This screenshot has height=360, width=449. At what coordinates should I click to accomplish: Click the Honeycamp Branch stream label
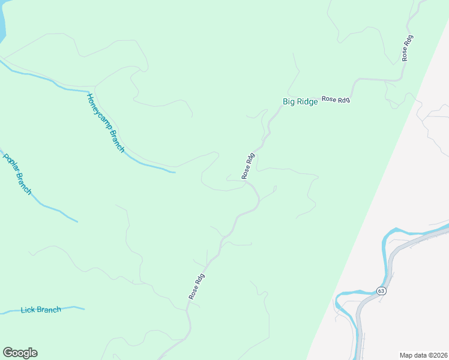coord(105,123)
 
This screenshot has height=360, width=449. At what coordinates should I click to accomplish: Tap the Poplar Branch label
coord(17,174)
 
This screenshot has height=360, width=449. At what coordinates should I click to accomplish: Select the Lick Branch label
coord(41,310)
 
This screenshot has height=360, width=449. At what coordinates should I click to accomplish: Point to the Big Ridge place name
coord(300,102)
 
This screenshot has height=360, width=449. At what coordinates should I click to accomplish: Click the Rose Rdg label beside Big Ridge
coord(336,100)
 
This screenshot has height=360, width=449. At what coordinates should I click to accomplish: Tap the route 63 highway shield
coord(381,291)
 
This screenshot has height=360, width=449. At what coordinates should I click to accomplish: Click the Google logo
coord(20,353)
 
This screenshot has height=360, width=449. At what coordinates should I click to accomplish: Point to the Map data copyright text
coord(423,355)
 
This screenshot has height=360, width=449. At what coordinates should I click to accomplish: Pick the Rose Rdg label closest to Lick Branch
coord(197,287)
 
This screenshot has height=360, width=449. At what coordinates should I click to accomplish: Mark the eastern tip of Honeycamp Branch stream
coord(175,173)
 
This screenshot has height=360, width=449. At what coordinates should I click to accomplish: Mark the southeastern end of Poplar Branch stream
coord(77,221)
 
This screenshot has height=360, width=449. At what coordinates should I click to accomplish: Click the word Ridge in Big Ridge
coord(307,102)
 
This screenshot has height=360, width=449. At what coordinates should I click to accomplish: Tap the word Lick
coord(28,310)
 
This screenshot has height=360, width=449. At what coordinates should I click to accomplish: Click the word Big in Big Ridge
coord(289,102)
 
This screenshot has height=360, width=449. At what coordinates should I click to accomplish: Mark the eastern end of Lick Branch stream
coord(84,309)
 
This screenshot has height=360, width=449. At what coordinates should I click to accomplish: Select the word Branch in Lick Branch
coord(49,310)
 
